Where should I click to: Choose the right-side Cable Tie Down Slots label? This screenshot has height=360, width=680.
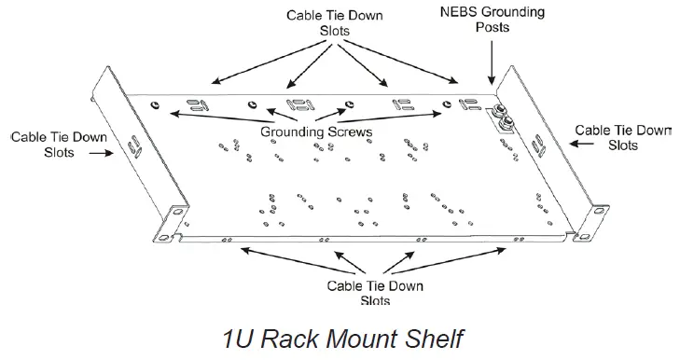click(622, 137)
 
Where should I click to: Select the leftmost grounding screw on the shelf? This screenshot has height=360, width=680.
click(155, 104)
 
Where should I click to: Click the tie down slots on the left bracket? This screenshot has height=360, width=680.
click(135, 146)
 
